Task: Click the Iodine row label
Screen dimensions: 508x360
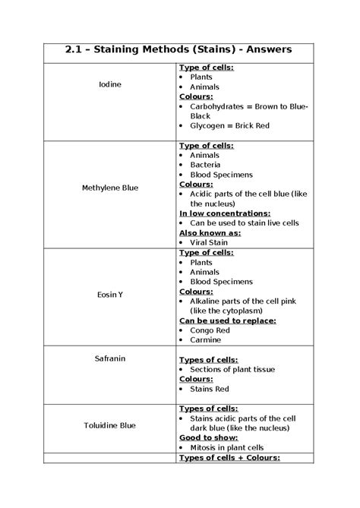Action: (x=110, y=83)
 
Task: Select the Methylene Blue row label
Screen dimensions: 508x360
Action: (x=110, y=186)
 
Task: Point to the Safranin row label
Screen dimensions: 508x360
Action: (x=110, y=357)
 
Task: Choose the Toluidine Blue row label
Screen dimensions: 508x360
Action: (x=110, y=425)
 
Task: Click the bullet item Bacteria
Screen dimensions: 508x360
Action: (x=205, y=164)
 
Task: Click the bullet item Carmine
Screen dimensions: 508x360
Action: (x=206, y=340)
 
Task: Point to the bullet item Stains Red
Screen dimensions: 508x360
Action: (x=209, y=388)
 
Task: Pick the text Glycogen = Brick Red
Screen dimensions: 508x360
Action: (x=229, y=125)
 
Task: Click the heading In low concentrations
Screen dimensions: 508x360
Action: (x=225, y=213)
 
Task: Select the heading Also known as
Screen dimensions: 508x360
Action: (x=210, y=233)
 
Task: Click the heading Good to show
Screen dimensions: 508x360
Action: (x=207, y=437)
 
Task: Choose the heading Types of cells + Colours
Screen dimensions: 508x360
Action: (x=229, y=457)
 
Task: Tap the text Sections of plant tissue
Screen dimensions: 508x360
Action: (x=232, y=368)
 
